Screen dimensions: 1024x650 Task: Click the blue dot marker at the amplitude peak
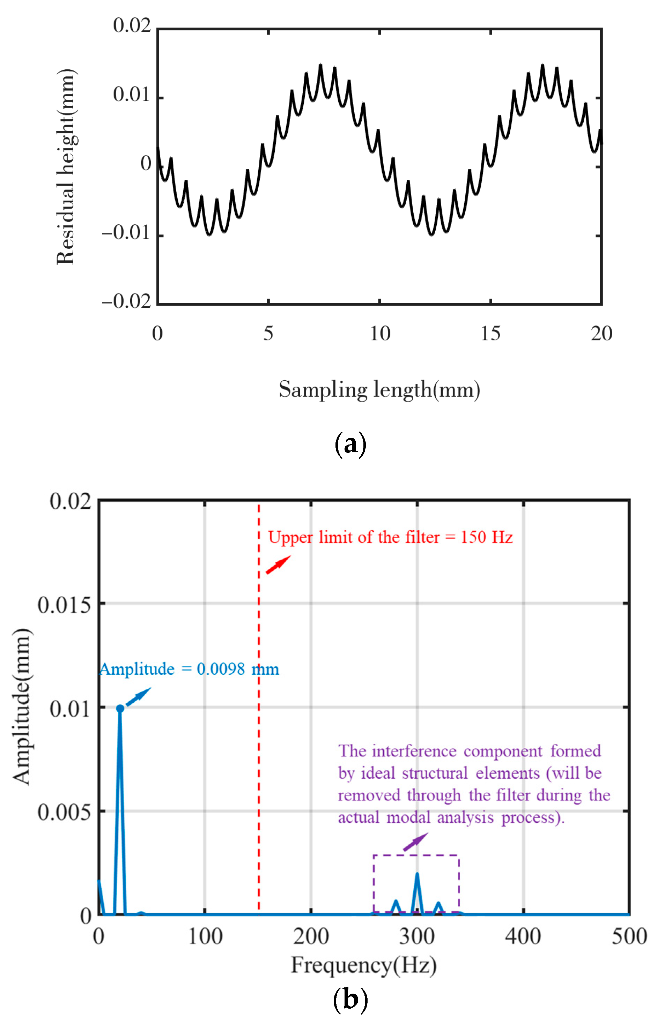point(120,709)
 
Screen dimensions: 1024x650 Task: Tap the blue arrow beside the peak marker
point(139,697)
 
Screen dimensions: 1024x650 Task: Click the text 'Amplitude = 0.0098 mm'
point(189,669)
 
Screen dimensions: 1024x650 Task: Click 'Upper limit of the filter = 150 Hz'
point(390,538)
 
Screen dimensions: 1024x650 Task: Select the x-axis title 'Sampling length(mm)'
point(379,389)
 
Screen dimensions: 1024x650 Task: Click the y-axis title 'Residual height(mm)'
point(66,167)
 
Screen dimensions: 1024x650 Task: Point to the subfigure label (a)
point(350,445)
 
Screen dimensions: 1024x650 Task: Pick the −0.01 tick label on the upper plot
point(126,233)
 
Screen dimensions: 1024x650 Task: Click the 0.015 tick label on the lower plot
point(64,605)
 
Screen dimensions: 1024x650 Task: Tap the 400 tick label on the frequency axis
point(523,936)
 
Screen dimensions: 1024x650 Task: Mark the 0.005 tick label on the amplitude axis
point(64,813)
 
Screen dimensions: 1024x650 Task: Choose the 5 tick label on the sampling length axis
point(268,334)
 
